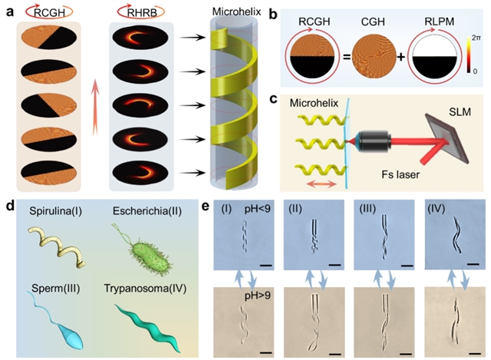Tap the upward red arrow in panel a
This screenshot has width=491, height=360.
[91, 100]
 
